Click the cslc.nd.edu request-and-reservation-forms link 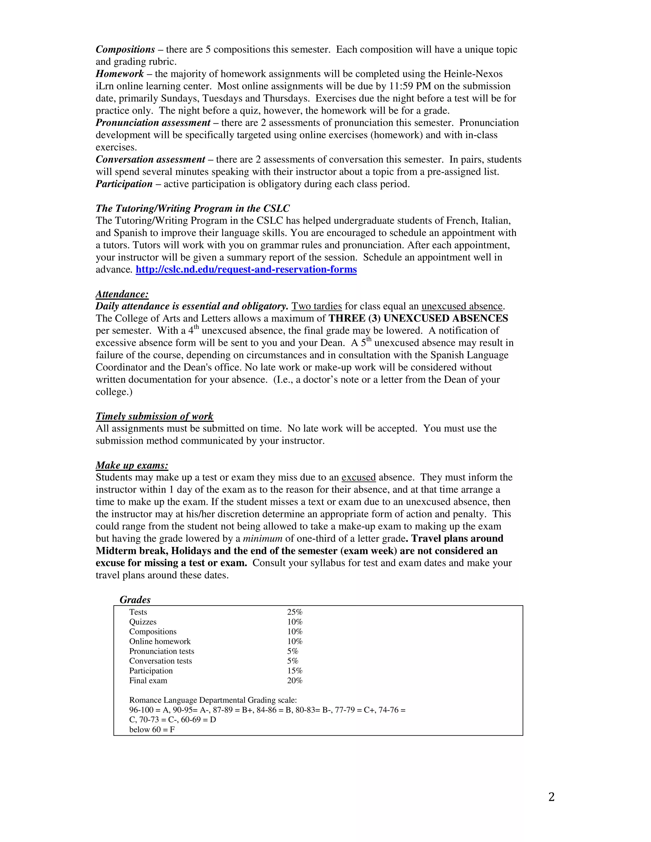(246, 269)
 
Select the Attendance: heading (122, 294)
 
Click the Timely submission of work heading (154, 416)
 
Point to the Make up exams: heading (132, 465)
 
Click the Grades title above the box (135, 600)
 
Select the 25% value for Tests (295, 612)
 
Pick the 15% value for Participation (295, 671)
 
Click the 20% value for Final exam (295, 681)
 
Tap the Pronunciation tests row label (161, 651)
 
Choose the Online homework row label (160, 642)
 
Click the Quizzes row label (143, 622)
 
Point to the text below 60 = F (152, 730)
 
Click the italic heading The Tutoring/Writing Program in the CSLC (192, 208)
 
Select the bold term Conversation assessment (150, 160)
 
